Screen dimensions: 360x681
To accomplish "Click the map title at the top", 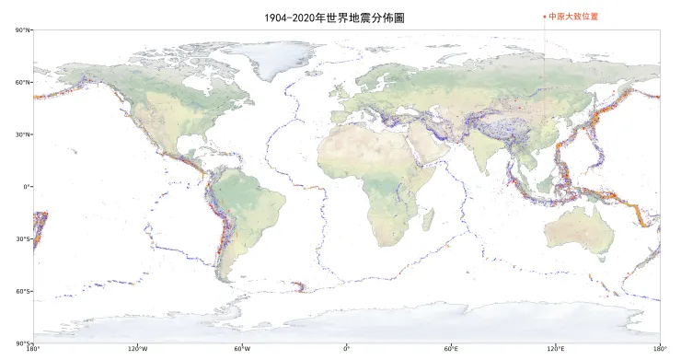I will coord(333,17).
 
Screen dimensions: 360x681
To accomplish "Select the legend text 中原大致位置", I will coord(573,16).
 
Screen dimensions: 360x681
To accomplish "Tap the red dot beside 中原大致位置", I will coord(545,16).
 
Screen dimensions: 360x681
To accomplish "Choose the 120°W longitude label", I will coord(138,349).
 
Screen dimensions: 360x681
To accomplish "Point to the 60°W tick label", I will coord(243,349).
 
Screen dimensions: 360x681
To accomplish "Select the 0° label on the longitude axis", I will coord(347,349).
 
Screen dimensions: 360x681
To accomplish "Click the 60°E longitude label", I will coord(452,349).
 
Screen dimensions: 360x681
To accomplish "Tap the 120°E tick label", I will coord(556,349).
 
